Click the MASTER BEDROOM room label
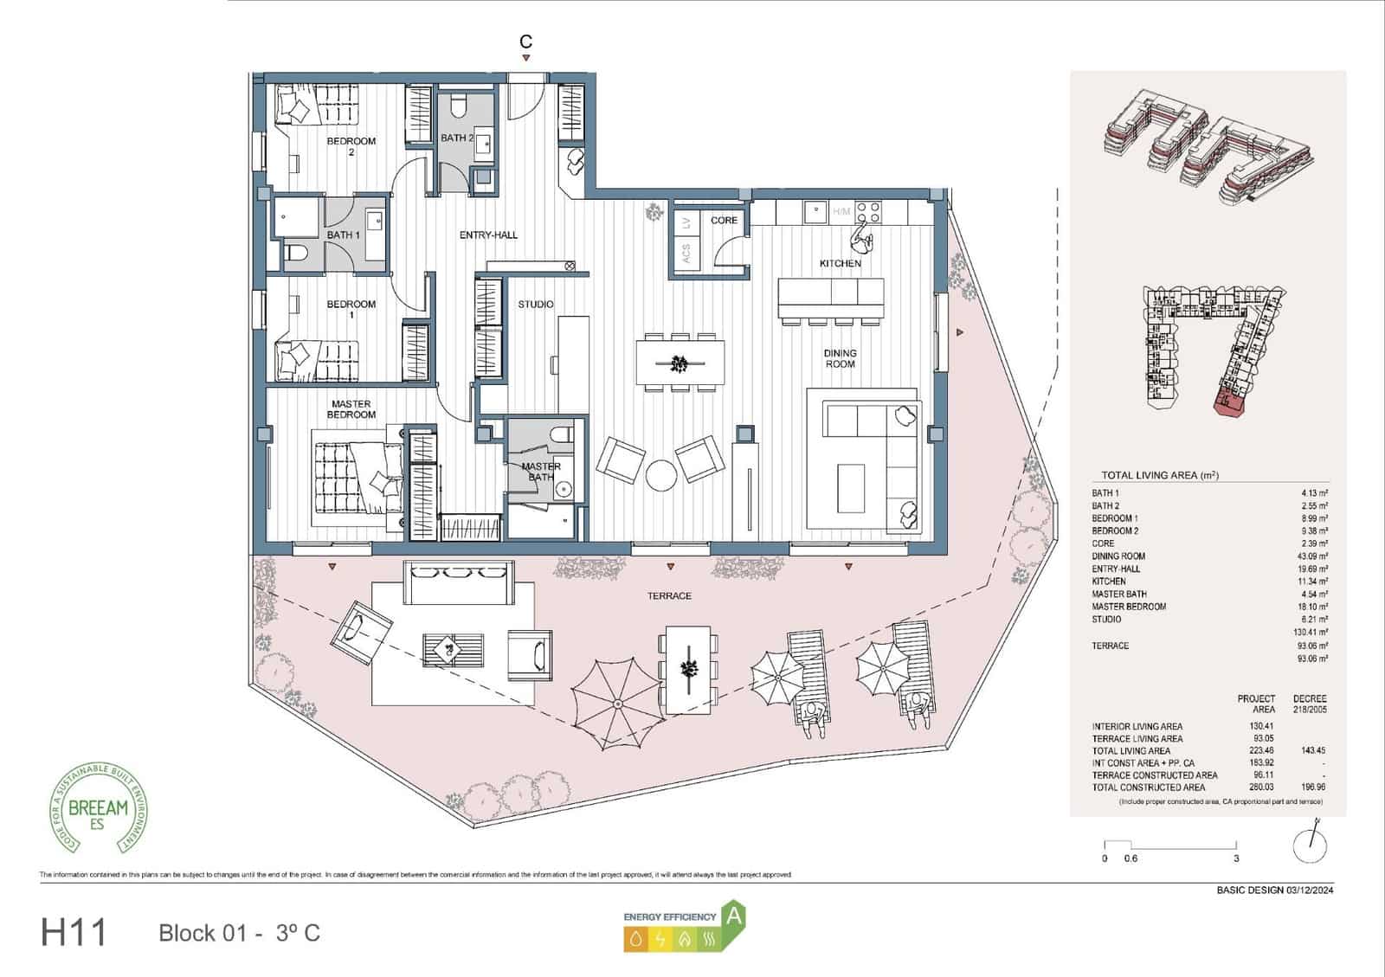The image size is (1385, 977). tap(351, 409)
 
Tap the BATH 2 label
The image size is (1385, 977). tap(456, 138)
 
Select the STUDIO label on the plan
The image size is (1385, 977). tap(535, 305)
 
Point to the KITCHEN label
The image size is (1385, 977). tap(840, 263)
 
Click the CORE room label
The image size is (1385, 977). tap(724, 221)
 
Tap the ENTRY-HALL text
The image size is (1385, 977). tap(488, 235)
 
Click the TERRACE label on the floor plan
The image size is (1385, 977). tap(669, 596)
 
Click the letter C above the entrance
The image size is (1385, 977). tap(525, 42)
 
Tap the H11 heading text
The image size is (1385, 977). tap(74, 933)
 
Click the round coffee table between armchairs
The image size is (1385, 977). tap(661, 475)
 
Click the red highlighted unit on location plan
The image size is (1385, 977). tap(1230, 402)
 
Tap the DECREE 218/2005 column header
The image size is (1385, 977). tap(1309, 704)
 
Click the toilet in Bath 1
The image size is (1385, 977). tap(296, 253)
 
